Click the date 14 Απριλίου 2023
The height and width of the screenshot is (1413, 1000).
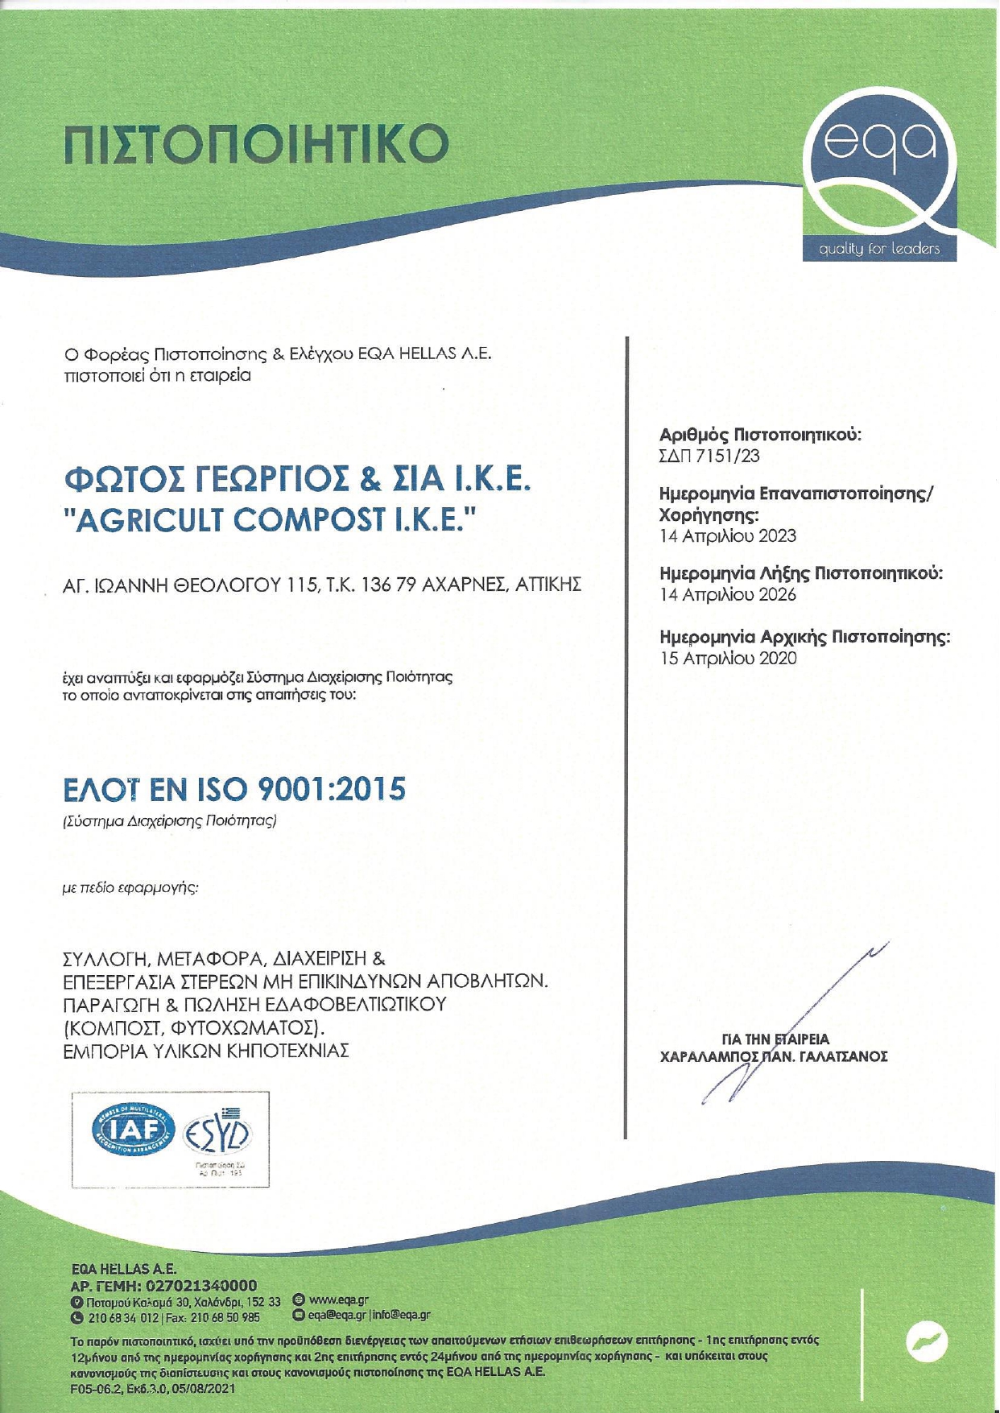coord(728,535)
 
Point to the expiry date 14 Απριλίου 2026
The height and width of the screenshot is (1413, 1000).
coord(728,595)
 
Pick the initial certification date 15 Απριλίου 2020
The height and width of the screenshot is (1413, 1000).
coord(728,659)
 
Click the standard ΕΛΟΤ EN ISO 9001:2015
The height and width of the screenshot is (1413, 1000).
coord(234,790)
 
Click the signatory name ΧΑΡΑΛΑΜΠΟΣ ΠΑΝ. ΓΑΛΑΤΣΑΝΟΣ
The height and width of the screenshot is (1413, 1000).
coord(773,1056)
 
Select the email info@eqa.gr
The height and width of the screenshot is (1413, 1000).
coord(401,1315)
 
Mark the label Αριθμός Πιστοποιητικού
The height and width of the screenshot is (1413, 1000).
coord(760,436)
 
